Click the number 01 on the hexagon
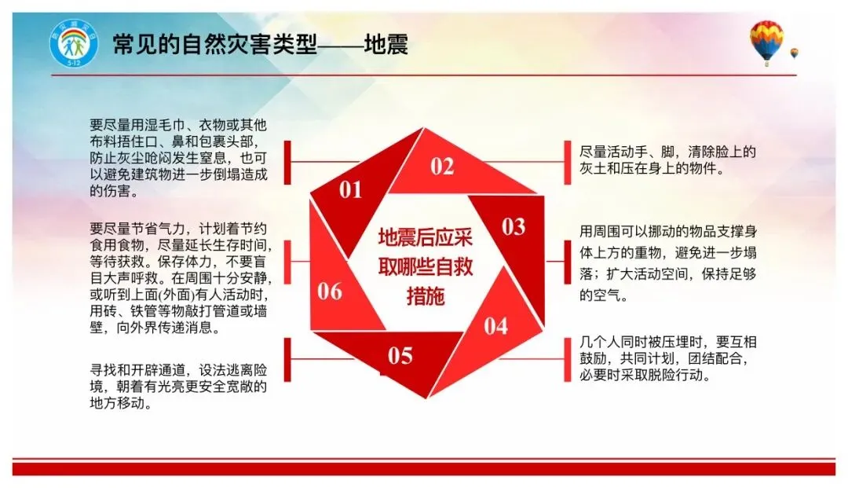[350, 190]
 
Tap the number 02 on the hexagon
[442, 167]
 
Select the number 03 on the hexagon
[514, 226]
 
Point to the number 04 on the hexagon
[496, 326]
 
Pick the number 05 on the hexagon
[400, 356]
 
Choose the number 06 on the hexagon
[330, 292]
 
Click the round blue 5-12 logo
[74, 43]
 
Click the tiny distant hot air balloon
[794, 53]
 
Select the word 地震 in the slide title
[386, 44]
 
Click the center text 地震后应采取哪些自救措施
[425, 266]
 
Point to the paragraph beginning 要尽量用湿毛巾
[178, 158]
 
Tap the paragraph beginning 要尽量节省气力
[181, 278]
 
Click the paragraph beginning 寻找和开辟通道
[178, 387]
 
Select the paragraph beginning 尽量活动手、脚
[667, 160]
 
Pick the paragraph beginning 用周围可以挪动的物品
[668, 263]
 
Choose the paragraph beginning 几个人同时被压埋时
[668, 358]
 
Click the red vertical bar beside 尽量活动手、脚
[568, 163]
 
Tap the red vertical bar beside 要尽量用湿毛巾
[287, 163]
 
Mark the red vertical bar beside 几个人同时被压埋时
[568, 360]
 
